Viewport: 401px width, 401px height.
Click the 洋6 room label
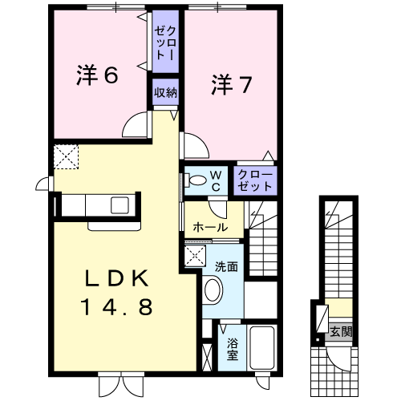(97, 75)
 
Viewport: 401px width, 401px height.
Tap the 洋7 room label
(232, 84)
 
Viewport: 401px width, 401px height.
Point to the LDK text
(116, 278)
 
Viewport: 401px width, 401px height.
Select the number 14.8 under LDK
(116, 306)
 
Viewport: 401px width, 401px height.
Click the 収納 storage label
(165, 92)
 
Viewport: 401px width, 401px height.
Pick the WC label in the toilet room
(216, 181)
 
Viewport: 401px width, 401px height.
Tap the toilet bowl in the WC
(196, 180)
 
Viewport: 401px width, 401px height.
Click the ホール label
(210, 227)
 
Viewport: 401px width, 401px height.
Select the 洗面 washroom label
(226, 266)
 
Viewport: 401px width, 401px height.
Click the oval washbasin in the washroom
(213, 290)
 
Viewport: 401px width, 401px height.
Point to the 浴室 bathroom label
(233, 349)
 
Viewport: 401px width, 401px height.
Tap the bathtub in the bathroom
(262, 347)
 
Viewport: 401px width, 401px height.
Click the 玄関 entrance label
(341, 332)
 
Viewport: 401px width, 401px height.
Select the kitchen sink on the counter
(119, 205)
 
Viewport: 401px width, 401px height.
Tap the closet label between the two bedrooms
(165, 43)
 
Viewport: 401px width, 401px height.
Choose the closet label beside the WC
(255, 180)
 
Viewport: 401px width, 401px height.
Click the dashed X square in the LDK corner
(66, 157)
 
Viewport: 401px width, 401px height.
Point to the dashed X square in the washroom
(195, 256)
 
